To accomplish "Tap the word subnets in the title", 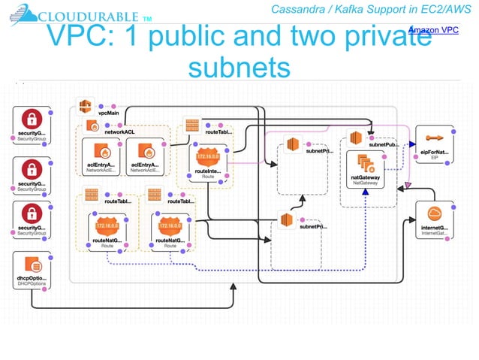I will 239,67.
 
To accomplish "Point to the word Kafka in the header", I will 356,9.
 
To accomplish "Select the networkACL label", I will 119,131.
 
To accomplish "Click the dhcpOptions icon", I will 32,265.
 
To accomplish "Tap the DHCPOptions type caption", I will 32,287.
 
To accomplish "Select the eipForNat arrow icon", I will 434,138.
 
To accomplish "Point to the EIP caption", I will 434,159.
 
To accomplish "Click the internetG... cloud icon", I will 434,212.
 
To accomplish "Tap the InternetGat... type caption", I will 434,234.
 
